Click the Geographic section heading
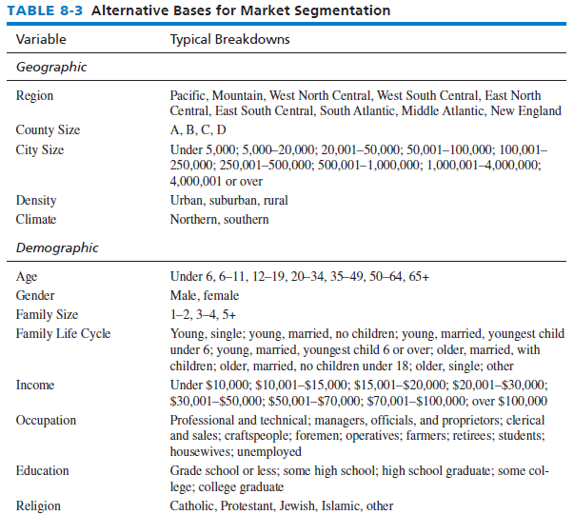click(51, 67)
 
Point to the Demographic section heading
click(57, 248)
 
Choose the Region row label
click(34, 95)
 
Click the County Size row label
click(48, 129)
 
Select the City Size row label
click(40, 150)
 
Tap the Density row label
click(36, 200)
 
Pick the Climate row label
click(36, 219)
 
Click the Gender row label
click(35, 295)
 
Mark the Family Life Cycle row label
click(63, 333)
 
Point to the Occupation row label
click(46, 420)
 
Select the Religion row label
click(38, 505)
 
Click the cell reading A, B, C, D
click(198, 129)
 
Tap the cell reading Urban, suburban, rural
click(228, 200)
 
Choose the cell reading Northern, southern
click(219, 219)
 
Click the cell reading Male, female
click(205, 295)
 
